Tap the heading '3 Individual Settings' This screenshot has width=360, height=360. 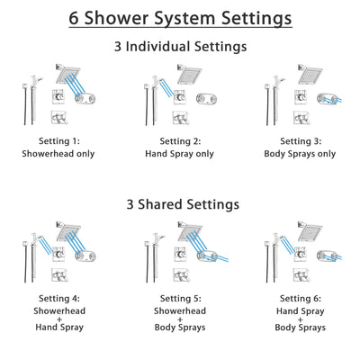point(179,46)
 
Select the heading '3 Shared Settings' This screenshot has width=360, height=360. point(179,204)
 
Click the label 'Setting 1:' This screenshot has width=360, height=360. point(58,140)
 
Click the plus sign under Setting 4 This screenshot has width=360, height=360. point(58,317)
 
